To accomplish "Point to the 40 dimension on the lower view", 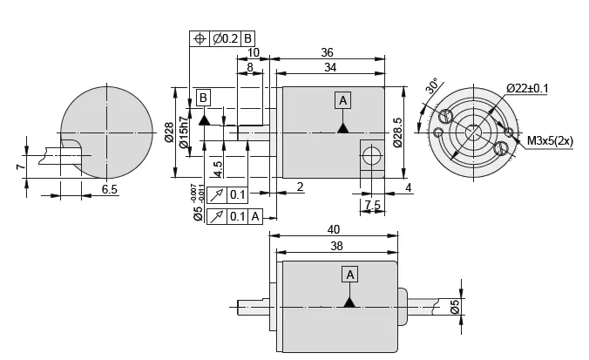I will (335, 229).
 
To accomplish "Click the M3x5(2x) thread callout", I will (550, 139).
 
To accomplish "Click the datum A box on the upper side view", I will (343, 100).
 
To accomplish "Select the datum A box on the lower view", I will (350, 274).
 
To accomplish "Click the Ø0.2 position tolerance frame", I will (223, 38).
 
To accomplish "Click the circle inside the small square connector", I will (372, 157).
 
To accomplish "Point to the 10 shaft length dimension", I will (254, 52).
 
